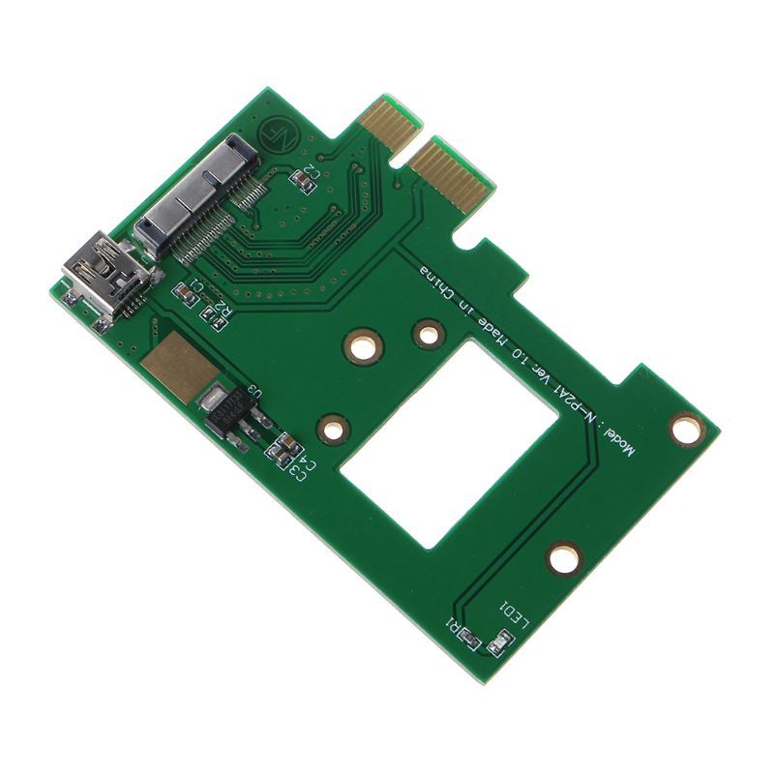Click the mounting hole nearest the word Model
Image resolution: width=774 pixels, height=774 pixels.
(688, 428)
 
